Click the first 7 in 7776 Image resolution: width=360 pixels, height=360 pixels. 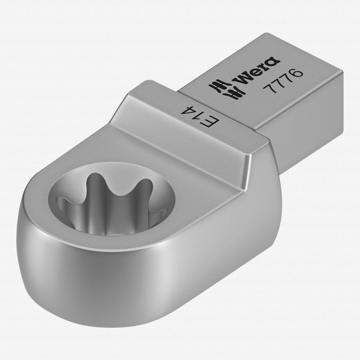click(269, 88)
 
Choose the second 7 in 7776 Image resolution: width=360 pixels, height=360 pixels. click(277, 83)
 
